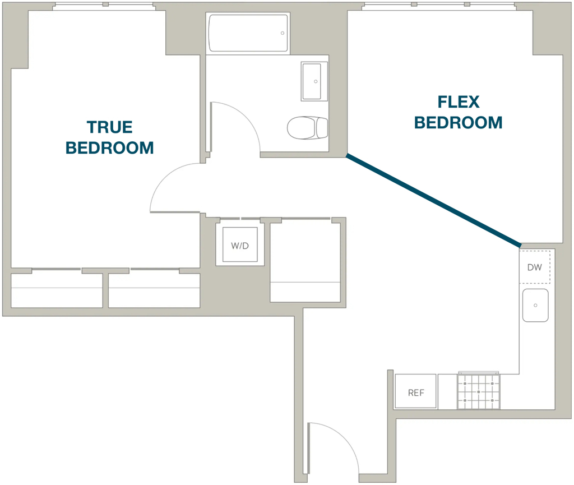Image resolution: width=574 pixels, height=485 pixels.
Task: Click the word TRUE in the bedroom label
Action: (x=109, y=127)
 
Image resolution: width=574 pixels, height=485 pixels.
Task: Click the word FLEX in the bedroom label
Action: (x=459, y=102)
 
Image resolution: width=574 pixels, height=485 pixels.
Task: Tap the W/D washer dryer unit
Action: (x=240, y=244)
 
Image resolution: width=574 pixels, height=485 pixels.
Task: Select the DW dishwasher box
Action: (x=535, y=267)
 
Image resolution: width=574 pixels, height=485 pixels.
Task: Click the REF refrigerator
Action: (x=415, y=391)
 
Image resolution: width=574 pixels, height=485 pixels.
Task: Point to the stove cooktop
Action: (x=479, y=391)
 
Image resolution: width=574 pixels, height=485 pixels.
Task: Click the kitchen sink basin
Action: (x=535, y=305)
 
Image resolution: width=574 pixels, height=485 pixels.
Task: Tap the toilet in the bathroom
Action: (x=308, y=128)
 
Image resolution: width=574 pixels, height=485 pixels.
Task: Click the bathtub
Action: (x=248, y=33)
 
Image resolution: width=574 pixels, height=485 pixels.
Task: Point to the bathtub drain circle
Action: (x=283, y=33)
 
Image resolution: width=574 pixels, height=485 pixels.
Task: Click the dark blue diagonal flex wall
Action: (x=433, y=200)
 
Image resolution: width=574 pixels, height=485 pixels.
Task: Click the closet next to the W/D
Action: (x=305, y=261)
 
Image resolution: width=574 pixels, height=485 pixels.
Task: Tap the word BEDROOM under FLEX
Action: (x=459, y=123)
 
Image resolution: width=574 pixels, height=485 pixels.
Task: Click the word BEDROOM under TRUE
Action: (x=109, y=148)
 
